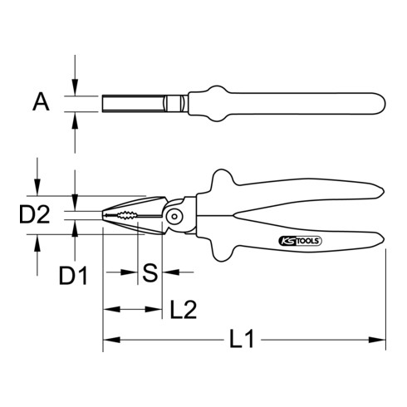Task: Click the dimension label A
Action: pyautogui.click(x=39, y=104)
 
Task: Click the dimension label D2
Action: pyautogui.click(x=34, y=217)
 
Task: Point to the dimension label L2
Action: pyautogui.click(x=182, y=310)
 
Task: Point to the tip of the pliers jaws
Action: pyautogui.click(x=105, y=217)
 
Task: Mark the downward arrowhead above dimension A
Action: pyautogui.click(x=76, y=89)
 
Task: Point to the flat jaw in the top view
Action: pyautogui.click(x=133, y=104)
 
